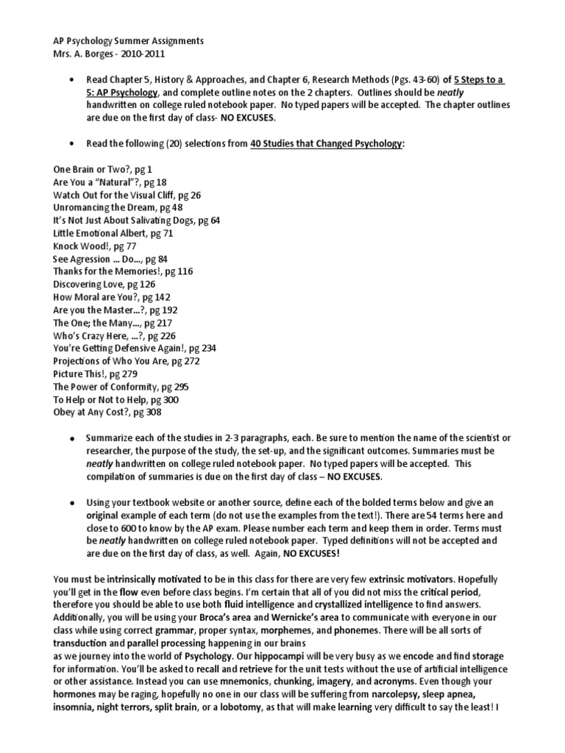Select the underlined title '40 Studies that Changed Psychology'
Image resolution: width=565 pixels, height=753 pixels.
pos(327,144)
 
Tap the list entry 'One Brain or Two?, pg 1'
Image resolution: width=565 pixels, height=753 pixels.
pos(102,169)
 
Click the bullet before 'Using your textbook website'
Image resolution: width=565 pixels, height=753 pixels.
pos(71,503)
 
